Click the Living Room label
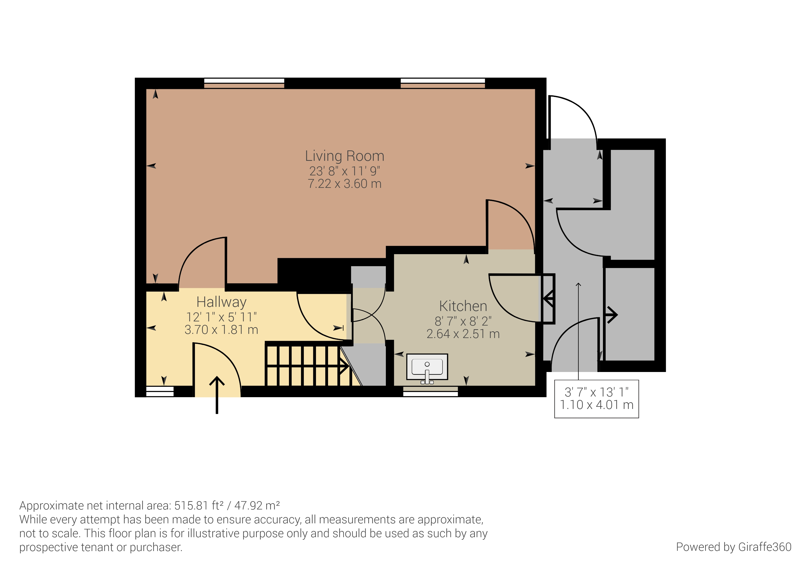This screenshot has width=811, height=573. point(344,156)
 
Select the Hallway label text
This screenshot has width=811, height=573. point(221,302)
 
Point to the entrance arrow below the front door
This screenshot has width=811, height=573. point(217,395)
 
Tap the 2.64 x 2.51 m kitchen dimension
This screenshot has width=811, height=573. point(463,334)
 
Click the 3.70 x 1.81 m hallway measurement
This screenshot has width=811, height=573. point(221,329)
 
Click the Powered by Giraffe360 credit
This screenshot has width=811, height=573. point(734,547)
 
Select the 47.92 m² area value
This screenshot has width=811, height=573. point(257,506)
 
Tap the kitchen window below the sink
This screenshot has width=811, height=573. point(430,392)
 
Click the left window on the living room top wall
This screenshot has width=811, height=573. point(244,83)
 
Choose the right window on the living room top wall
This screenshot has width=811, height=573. point(442,83)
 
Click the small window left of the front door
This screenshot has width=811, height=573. point(160,392)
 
